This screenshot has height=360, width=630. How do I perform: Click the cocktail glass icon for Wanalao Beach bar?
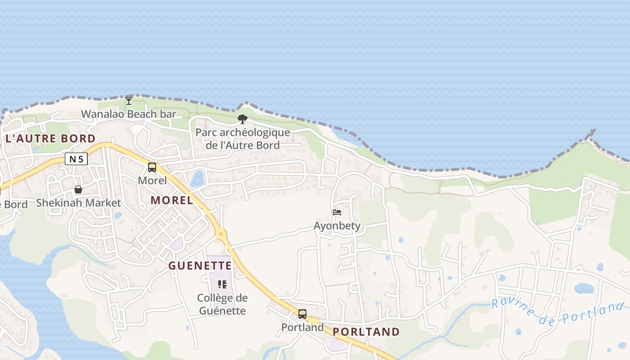pyautogui.click(x=129, y=100)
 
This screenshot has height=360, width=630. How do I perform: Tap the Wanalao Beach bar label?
pyautogui.click(x=129, y=114)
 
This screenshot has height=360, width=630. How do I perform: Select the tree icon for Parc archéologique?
pyautogui.click(x=243, y=119)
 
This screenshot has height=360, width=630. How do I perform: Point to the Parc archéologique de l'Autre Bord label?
pyautogui.click(x=243, y=139)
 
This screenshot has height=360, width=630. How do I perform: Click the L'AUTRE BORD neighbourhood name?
pyautogui.click(x=50, y=139)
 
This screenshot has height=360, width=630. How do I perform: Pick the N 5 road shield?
pyautogui.click(x=76, y=158)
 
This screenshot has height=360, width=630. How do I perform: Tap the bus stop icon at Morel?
pyautogui.click(x=152, y=167)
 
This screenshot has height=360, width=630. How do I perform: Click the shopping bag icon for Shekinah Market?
pyautogui.click(x=78, y=189)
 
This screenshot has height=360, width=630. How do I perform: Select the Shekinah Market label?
pyautogui.click(x=78, y=203)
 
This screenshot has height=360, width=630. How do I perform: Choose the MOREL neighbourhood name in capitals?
pyautogui.click(x=172, y=200)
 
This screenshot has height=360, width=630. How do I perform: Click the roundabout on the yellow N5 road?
pyautogui.click(x=220, y=233)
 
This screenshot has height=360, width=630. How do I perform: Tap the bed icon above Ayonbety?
pyautogui.click(x=337, y=212)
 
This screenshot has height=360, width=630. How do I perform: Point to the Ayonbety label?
pyautogui.click(x=337, y=225)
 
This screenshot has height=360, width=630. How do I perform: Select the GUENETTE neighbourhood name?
pyautogui.click(x=200, y=266)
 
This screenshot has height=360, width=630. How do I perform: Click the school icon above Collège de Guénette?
pyautogui.click(x=222, y=284)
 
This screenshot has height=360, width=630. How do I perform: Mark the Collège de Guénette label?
pyautogui.click(x=222, y=304)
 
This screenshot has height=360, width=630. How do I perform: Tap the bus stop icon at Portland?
pyautogui.click(x=302, y=314)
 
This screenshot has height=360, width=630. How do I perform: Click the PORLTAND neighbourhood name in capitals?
pyautogui.click(x=366, y=332)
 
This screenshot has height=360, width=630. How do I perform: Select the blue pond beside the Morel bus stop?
pyautogui.click(x=197, y=179)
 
